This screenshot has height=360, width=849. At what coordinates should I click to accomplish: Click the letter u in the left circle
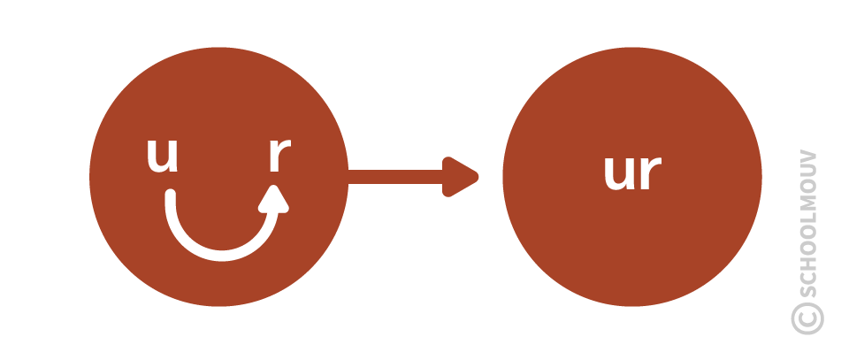[x=162, y=156]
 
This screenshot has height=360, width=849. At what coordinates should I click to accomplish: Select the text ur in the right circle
[x=631, y=173]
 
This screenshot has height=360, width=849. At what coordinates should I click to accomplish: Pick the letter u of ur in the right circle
[x=619, y=174]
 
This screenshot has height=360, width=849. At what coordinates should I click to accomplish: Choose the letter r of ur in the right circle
[x=649, y=173]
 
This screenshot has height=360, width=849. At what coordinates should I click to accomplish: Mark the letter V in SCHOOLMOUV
[x=807, y=158]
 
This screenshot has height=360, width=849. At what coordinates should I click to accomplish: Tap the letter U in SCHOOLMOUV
[x=807, y=173]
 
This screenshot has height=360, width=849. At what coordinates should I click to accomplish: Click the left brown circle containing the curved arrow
[x=218, y=106]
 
